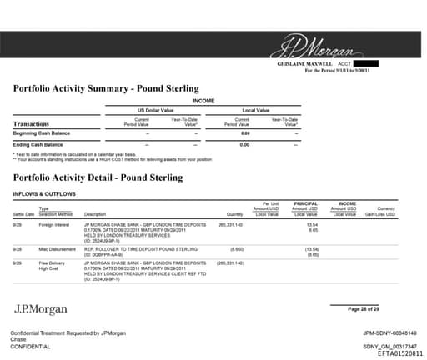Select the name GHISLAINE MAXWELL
point(304,64)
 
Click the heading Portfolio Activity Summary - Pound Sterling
point(106,88)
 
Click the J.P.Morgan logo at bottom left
point(40,310)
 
